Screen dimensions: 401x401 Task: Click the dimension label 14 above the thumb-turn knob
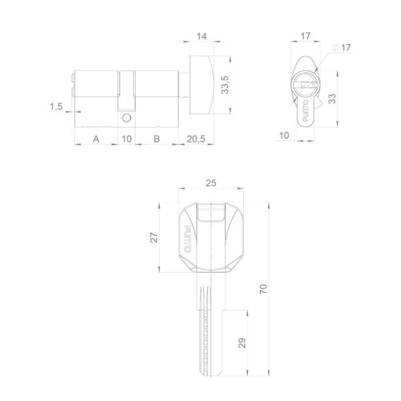coord(201,36)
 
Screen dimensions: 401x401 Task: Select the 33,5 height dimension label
coord(225,85)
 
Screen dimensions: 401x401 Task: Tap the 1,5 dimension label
coord(56,106)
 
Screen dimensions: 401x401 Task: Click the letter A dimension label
coord(96,139)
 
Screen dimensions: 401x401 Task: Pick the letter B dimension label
coord(156,139)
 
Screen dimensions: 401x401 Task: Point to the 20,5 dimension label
coord(196,139)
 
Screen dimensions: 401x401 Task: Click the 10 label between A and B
coord(126,139)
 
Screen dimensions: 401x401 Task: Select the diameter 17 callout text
coord(342,47)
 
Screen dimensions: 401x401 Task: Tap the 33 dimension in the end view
coord(332,99)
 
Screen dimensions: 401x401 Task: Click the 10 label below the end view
coord(284,135)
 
